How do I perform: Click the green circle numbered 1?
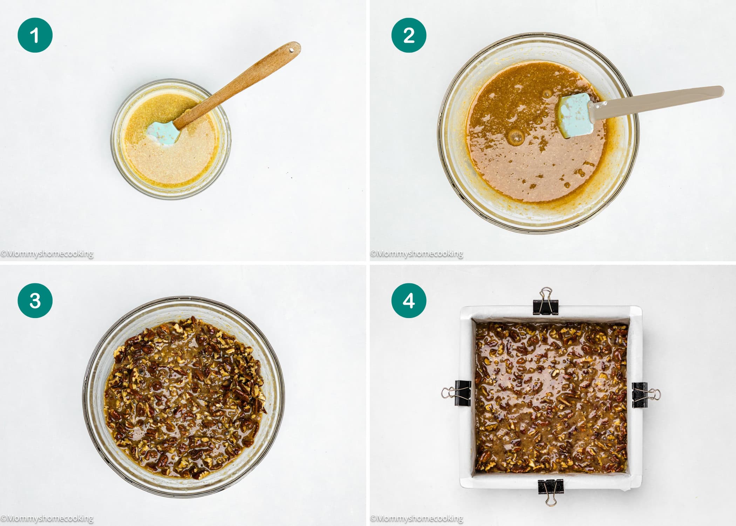pos(35,35)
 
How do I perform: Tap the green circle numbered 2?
pos(409,35)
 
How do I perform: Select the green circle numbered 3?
pos(35,301)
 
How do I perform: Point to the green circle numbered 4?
pos(409,301)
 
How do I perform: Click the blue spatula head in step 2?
pos(575,115)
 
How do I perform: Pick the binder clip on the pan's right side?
pos(643,395)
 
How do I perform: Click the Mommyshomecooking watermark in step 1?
pos(47,254)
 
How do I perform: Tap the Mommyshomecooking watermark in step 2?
pos(417,254)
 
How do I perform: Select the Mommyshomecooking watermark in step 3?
pos(47,518)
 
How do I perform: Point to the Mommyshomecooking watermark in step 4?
pos(417,518)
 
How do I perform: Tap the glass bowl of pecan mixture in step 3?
pos(184,396)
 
